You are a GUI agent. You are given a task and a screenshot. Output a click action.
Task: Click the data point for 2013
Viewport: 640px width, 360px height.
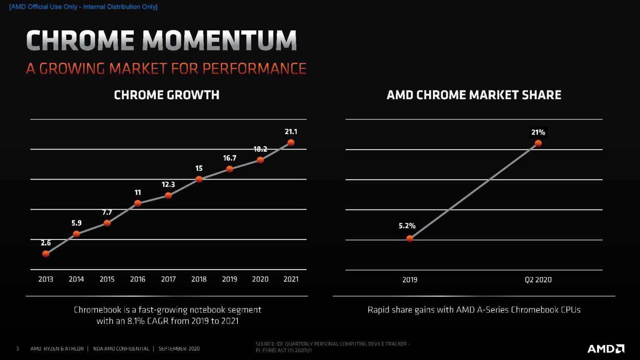point(46,254)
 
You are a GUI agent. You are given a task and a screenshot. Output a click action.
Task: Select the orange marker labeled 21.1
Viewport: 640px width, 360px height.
point(291,142)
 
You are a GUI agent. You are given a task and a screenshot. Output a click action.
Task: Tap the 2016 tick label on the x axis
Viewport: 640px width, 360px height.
point(137,279)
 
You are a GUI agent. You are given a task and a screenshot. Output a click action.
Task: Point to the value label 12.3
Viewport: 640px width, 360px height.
point(168,185)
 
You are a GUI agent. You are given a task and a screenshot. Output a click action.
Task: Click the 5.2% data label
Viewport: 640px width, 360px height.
point(407,226)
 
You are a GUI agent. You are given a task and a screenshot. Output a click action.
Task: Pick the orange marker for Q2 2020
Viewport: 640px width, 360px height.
point(538,143)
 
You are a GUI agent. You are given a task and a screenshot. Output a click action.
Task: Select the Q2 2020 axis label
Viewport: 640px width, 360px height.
point(538,280)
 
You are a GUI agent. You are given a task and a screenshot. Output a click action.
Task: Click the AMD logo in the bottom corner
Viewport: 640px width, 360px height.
point(605,348)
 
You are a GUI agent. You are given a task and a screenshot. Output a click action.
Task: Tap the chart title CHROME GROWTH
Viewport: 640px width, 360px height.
point(167,95)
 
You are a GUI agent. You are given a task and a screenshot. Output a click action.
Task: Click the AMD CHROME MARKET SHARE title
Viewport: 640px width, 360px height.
point(474,95)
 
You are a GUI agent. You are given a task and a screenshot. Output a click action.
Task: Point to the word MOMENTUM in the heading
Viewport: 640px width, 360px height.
point(219,41)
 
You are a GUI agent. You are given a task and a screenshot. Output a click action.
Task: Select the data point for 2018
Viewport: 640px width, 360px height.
point(199,179)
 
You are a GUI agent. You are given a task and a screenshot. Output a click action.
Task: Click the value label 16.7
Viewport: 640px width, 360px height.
point(230,158)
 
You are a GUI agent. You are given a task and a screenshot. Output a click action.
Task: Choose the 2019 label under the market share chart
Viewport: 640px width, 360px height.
point(410,280)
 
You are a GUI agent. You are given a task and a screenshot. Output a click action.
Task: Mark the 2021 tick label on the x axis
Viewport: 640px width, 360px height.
point(291,279)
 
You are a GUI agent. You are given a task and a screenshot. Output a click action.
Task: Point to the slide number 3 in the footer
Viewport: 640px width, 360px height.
point(17,349)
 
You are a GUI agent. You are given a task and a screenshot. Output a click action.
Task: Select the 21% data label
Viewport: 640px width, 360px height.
point(538,132)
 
